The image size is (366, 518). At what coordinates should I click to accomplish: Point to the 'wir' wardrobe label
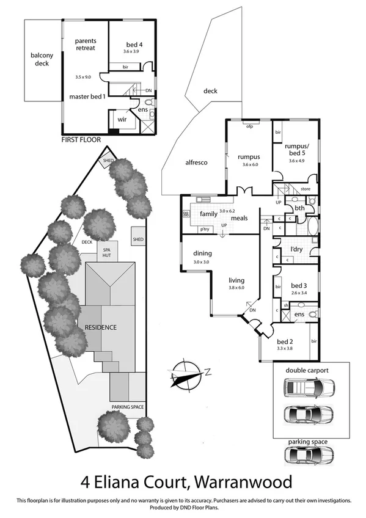pos(122,120)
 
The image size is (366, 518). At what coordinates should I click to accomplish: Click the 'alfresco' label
pos(197,163)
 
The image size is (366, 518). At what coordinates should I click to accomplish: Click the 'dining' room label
pos(202,254)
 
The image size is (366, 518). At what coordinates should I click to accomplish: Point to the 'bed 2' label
pos(285,342)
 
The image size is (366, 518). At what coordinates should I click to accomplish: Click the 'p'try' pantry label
pos(204,230)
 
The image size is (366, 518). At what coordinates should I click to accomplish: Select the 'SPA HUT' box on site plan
pos(106,253)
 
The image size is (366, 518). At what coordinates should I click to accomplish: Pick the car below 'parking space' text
pos(309,455)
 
